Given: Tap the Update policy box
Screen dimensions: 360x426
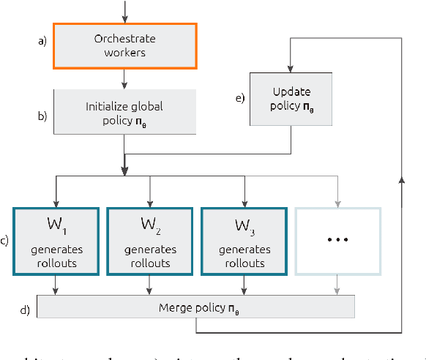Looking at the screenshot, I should (291, 98).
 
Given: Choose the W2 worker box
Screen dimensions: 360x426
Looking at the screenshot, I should (149, 241).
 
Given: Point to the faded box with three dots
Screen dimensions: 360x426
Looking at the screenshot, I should (337, 241).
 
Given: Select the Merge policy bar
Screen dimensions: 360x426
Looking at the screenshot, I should (196, 307).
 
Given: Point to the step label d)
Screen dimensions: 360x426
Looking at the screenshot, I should (24, 310).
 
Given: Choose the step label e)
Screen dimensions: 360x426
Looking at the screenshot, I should (239, 97).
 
